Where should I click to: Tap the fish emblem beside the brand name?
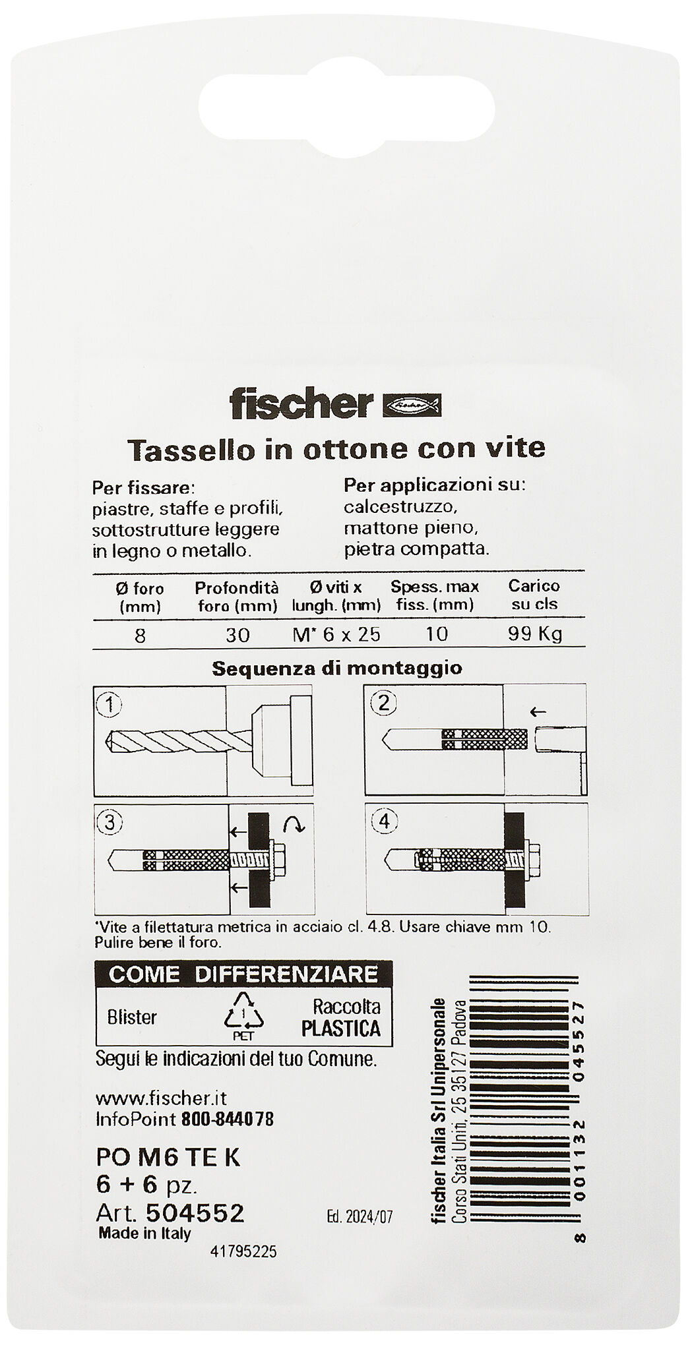(412, 405)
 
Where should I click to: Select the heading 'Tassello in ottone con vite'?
(336, 448)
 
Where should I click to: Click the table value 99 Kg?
(534, 634)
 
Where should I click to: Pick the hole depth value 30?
(237, 635)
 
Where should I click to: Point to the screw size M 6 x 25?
(336, 634)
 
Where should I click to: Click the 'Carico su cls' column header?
(534, 595)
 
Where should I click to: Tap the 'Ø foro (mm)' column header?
(139, 596)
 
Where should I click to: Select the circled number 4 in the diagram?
(385, 822)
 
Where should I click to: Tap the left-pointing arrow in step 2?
(539, 711)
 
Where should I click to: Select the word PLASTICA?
(341, 1029)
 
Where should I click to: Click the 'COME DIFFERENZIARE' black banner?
(243, 974)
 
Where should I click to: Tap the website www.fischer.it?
(162, 1098)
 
